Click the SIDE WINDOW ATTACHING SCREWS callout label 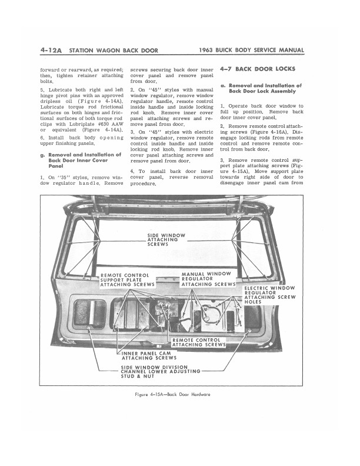point(166,239)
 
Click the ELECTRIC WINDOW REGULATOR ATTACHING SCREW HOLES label point(269,295)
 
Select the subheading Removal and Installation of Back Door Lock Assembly point(265,88)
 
